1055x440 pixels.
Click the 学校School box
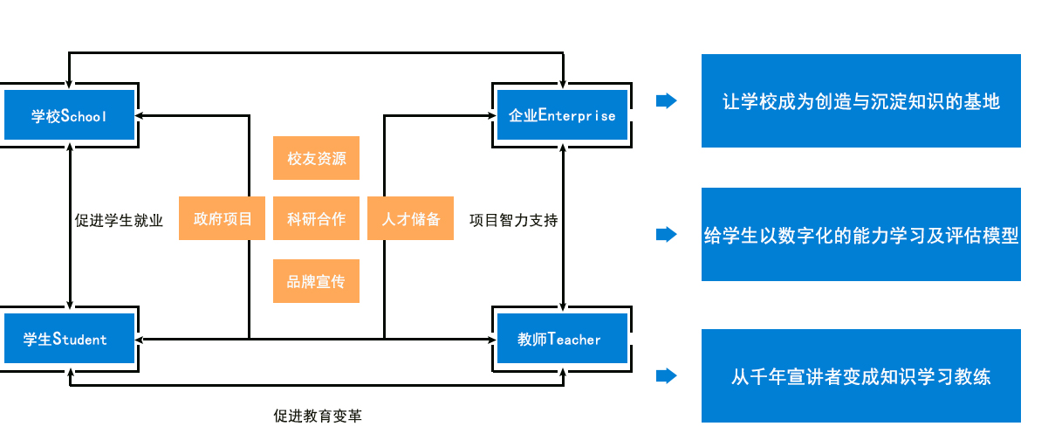(69, 115)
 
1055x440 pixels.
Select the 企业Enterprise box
(562, 115)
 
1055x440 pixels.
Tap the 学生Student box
(69, 338)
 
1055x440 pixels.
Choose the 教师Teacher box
(562, 338)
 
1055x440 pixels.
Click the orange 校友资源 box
(316, 158)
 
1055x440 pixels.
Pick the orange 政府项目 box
(222, 218)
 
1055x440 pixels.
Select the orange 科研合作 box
(316, 218)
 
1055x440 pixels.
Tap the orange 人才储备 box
(410, 218)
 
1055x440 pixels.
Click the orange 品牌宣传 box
(316, 281)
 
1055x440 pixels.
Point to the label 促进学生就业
(119, 220)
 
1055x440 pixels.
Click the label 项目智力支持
(513, 220)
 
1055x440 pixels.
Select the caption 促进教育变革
(318, 416)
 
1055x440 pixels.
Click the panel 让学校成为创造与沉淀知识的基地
(861, 100)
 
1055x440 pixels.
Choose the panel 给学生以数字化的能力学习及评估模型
(861, 234)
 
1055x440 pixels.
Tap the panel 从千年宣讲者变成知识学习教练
(861, 375)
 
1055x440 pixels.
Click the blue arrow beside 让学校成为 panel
(667, 100)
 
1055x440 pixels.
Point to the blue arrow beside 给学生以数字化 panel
(667, 234)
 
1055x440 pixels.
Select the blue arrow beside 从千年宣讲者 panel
(667, 375)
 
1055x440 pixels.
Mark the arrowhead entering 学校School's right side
(140, 115)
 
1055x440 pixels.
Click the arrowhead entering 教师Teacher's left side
(492, 339)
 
